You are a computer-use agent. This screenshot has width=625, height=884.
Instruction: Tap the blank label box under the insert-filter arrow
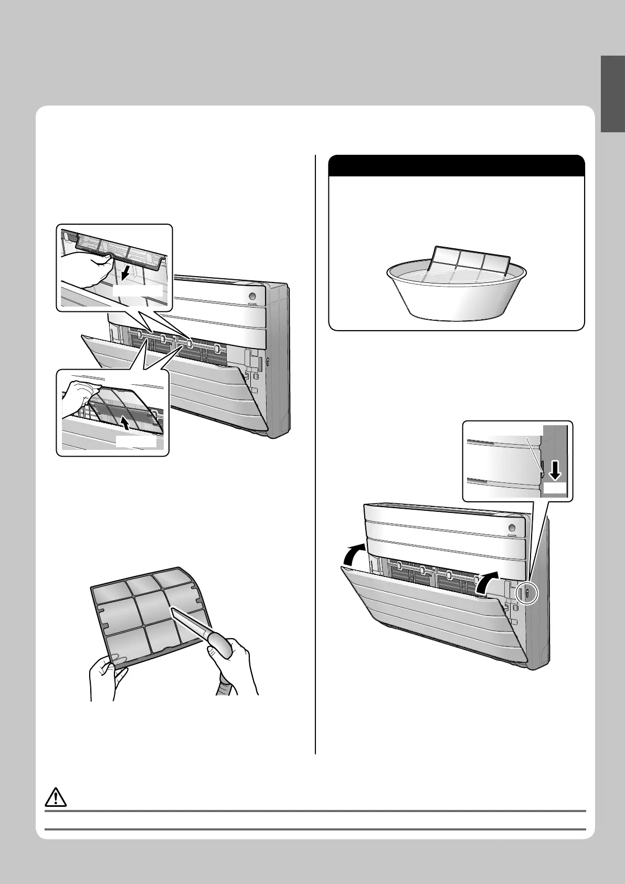point(136,442)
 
